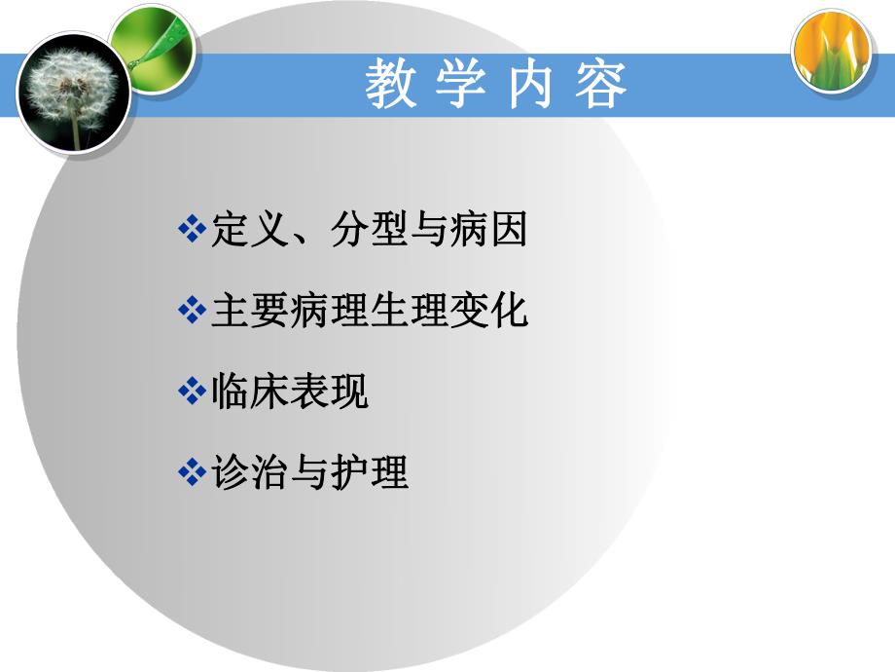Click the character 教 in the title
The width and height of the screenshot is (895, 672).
click(390, 87)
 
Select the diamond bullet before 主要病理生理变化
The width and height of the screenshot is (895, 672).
click(192, 312)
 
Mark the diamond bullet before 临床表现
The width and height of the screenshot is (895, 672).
click(192, 392)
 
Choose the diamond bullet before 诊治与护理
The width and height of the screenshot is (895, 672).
click(192, 473)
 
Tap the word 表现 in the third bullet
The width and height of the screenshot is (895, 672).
click(330, 392)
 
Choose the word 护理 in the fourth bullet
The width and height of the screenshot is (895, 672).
click(370, 473)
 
